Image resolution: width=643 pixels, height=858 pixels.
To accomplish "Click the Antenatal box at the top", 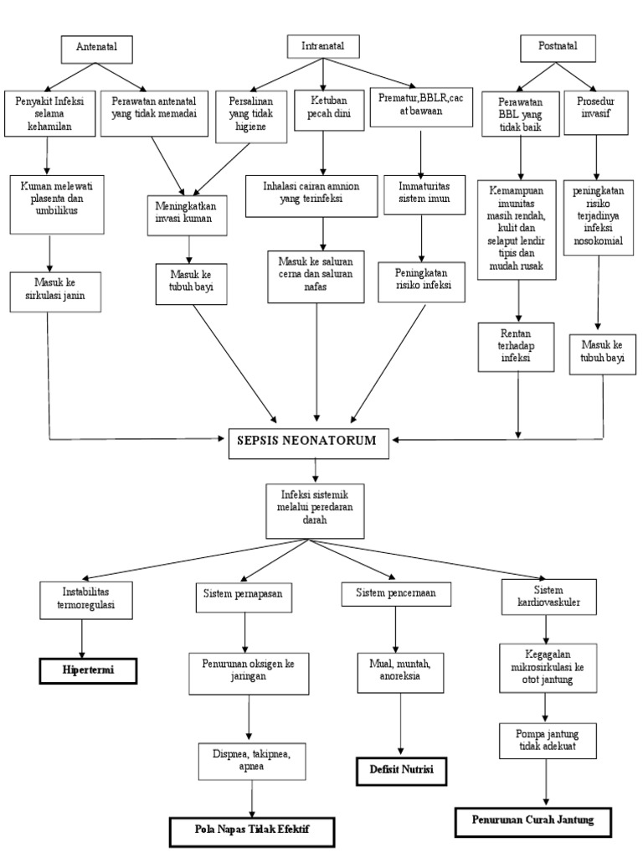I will (99, 49).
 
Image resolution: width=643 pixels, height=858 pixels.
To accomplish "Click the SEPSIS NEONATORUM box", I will (310, 441).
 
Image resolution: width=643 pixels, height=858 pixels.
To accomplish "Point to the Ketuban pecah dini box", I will (323, 109).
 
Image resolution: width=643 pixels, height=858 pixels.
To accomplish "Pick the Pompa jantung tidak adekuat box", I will (547, 743).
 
